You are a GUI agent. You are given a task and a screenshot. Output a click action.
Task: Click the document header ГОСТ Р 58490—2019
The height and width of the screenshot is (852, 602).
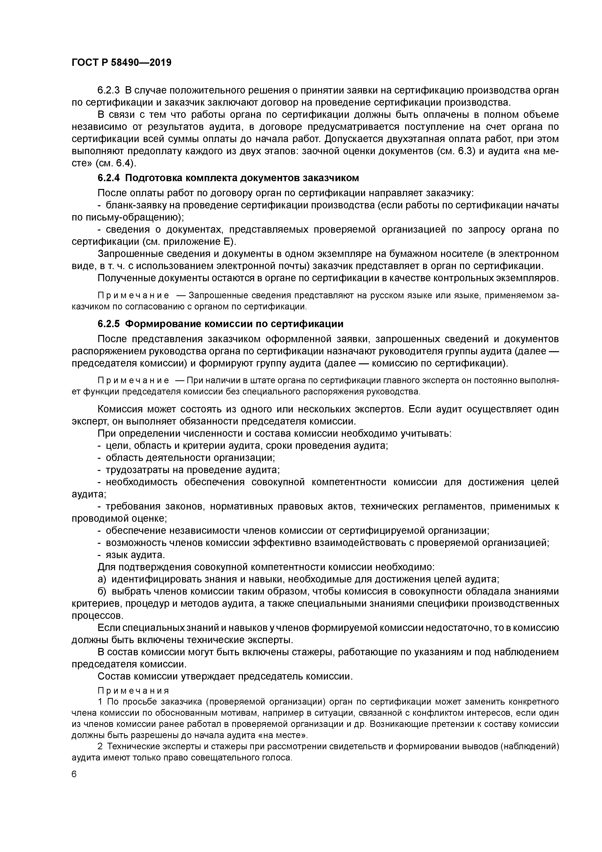pyautogui.click(x=121, y=63)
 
